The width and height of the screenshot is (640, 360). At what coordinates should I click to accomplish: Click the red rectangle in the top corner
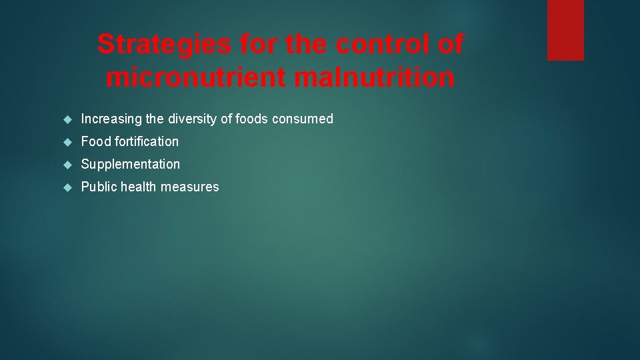(x=565, y=30)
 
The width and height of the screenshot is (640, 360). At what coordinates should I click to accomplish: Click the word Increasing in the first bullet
(x=111, y=119)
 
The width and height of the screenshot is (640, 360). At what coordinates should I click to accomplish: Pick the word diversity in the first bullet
(x=193, y=119)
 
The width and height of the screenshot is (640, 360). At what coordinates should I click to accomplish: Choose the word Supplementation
(x=131, y=164)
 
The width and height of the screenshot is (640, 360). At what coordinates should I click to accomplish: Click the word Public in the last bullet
(x=97, y=187)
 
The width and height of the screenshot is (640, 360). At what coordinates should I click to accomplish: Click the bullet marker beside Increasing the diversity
(x=67, y=119)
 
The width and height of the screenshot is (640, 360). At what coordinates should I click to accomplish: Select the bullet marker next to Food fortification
(x=67, y=142)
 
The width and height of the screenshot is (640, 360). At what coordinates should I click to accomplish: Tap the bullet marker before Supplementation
(x=67, y=164)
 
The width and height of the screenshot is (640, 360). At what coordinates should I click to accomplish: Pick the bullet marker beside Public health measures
(x=67, y=187)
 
